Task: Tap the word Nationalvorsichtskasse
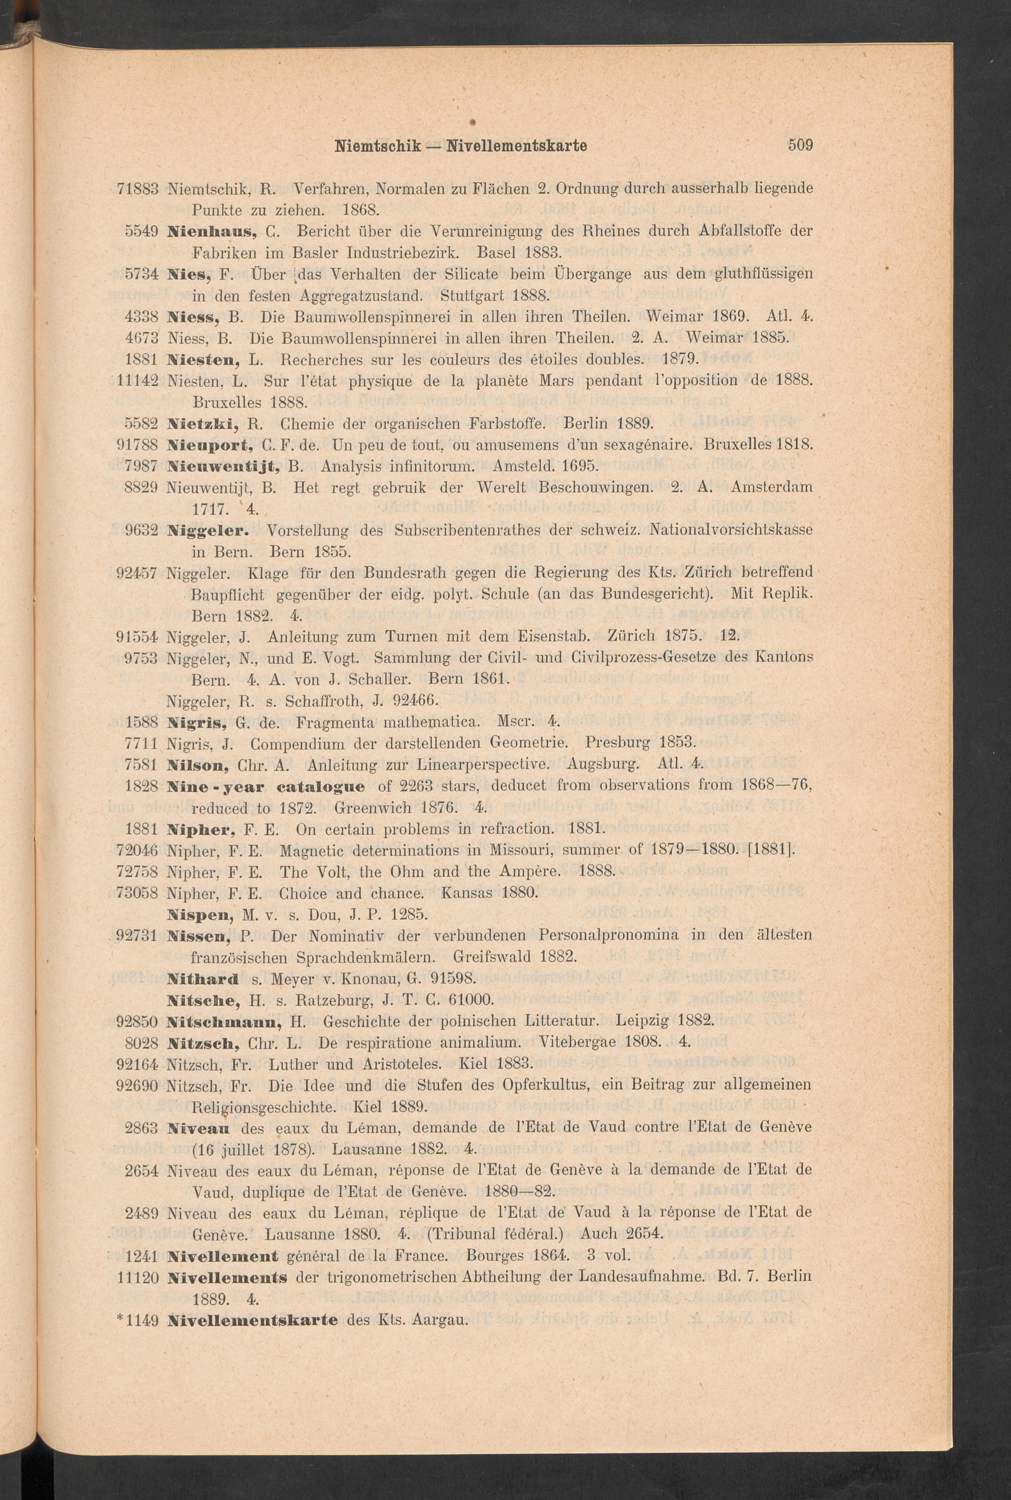click(x=731, y=531)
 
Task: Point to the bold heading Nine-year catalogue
click(x=265, y=786)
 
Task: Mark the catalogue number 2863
click(x=142, y=1128)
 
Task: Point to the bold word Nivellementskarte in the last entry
click(x=252, y=1319)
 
